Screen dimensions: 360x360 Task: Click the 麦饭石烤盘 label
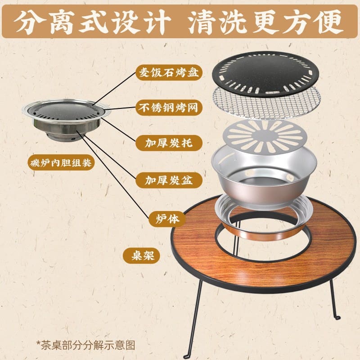pos(169,72)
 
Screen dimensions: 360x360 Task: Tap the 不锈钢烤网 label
pos(169,108)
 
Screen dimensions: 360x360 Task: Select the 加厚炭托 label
pos(169,143)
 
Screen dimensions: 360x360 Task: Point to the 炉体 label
pos(167,219)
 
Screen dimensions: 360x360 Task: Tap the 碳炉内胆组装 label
pos(61,163)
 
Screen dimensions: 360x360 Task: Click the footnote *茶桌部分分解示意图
pos(85,345)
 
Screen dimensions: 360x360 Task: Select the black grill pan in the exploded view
pos(265,73)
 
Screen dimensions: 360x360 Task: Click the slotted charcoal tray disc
pos(265,137)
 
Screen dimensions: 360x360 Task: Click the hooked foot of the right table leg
pos(337,318)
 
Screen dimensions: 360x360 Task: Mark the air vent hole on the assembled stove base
pos(73,139)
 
